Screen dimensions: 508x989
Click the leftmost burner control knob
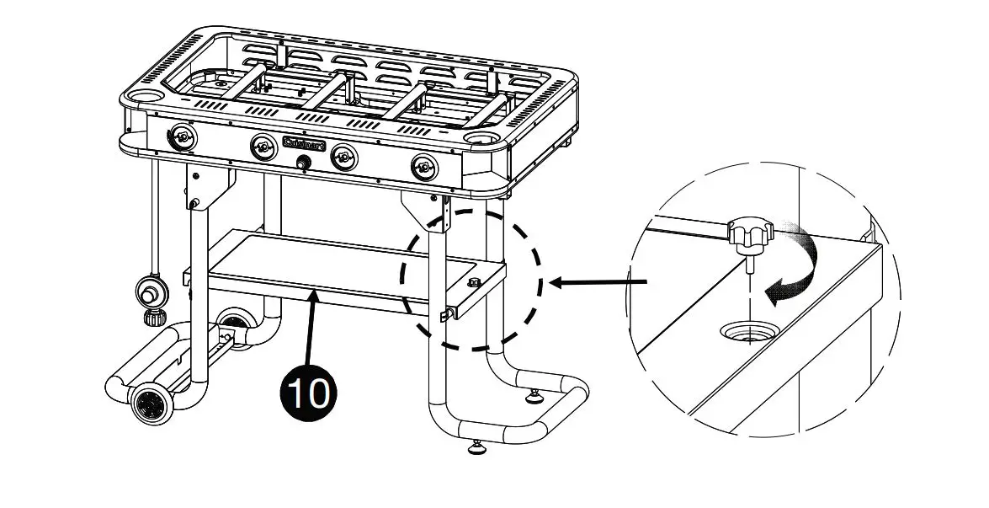tap(182, 136)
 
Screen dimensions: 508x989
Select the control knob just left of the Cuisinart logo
tap(262, 147)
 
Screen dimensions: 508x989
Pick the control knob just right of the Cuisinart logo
tap(343, 157)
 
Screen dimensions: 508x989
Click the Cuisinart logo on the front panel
tap(304, 144)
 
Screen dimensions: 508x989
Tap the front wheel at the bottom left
tap(154, 405)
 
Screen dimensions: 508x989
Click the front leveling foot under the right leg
tap(476, 446)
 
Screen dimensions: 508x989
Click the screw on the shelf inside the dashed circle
tap(472, 282)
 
